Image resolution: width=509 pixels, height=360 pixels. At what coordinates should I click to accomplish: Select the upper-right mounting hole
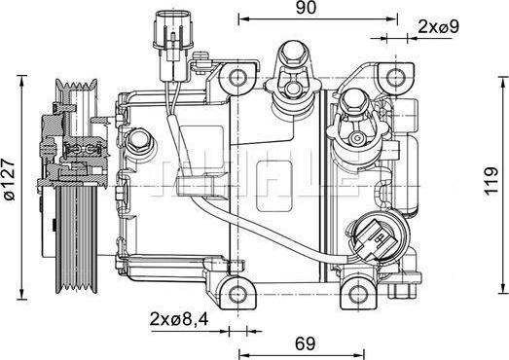click(x=393, y=78)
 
